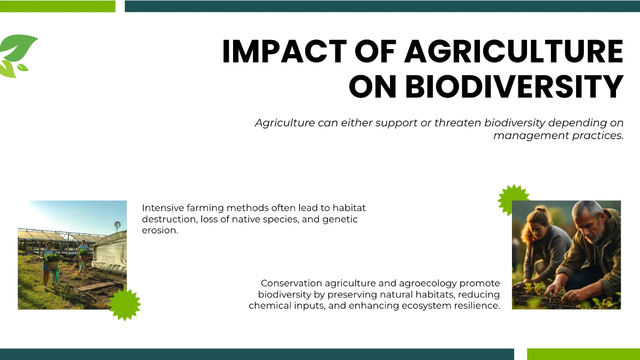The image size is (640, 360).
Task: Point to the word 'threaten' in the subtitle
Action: tap(457, 123)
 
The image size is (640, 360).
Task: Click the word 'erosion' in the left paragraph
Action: tap(158, 231)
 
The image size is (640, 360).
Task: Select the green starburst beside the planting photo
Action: tap(513, 199)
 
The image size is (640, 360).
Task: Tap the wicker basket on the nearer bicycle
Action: tap(53, 263)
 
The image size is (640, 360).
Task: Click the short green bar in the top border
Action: tap(58, 6)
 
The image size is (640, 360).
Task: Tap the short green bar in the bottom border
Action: tap(583, 354)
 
